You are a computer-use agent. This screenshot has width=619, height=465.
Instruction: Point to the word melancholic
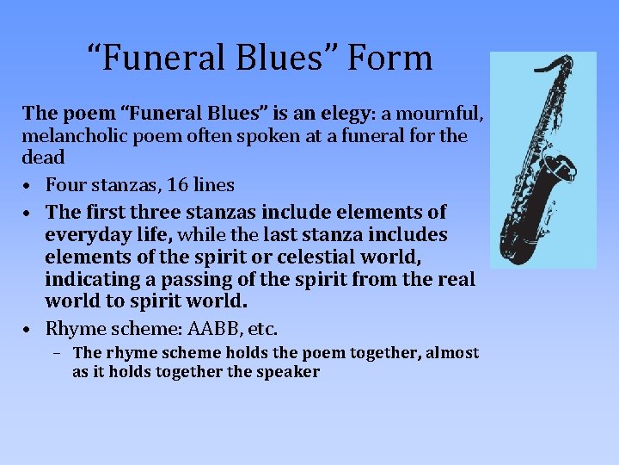click(78, 135)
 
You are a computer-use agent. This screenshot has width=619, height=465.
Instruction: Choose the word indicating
click(92, 280)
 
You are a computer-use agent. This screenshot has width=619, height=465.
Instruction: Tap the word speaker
click(286, 372)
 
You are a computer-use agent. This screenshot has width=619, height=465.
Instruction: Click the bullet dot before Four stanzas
click(28, 185)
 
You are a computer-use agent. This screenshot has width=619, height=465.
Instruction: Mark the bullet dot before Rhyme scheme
click(28, 329)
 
